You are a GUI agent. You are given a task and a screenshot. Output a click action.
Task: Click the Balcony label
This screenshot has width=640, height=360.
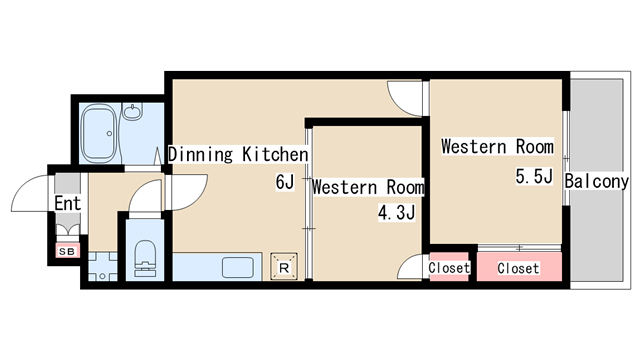596,181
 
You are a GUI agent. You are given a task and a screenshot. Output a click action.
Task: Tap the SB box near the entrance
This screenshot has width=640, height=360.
67,251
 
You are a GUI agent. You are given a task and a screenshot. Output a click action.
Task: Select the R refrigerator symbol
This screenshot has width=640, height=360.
284,267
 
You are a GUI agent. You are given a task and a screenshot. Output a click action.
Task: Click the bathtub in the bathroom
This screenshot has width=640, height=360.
100,133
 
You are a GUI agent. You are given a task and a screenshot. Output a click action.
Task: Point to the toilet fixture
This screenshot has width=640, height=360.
145,259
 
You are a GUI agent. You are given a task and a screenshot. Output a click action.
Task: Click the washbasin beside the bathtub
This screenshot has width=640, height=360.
132,111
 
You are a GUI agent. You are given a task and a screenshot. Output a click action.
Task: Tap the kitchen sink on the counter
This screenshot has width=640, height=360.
238,267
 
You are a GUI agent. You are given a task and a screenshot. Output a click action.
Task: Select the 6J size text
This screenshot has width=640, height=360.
285,182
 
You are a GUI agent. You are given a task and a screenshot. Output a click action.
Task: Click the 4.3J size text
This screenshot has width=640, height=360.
396,212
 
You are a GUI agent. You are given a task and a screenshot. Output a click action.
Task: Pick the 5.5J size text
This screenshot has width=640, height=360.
534,176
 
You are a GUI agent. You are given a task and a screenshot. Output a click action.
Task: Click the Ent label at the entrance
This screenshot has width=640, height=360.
68,203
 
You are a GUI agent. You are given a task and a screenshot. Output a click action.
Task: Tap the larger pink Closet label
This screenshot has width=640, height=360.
518,268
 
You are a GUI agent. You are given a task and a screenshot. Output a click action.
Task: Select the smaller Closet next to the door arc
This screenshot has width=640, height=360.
449,268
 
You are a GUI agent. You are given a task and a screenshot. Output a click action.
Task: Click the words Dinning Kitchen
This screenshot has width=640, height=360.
238,154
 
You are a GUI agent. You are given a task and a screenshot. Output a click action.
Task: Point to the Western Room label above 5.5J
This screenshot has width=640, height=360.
498,147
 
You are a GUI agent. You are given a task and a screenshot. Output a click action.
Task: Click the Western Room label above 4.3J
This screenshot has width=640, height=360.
368,187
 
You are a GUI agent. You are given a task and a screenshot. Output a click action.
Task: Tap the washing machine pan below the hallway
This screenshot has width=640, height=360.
102,267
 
